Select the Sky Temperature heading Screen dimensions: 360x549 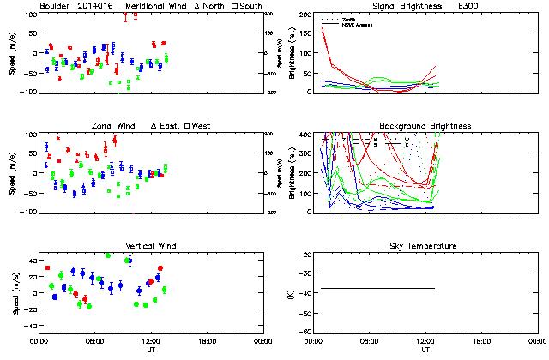(x=425, y=246)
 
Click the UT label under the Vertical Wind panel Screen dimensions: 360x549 (x=151, y=350)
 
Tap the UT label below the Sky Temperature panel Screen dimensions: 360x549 (x=425, y=350)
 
